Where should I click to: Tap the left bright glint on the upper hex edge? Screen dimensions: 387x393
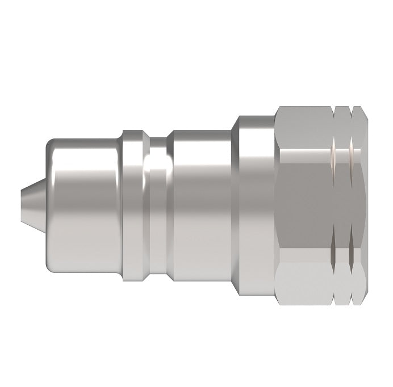pyautogui.click(x=333, y=153)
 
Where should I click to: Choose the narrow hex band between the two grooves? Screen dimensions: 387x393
pyautogui.click(x=343, y=196)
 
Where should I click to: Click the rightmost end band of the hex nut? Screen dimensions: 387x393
pyautogui.click(x=361, y=196)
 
